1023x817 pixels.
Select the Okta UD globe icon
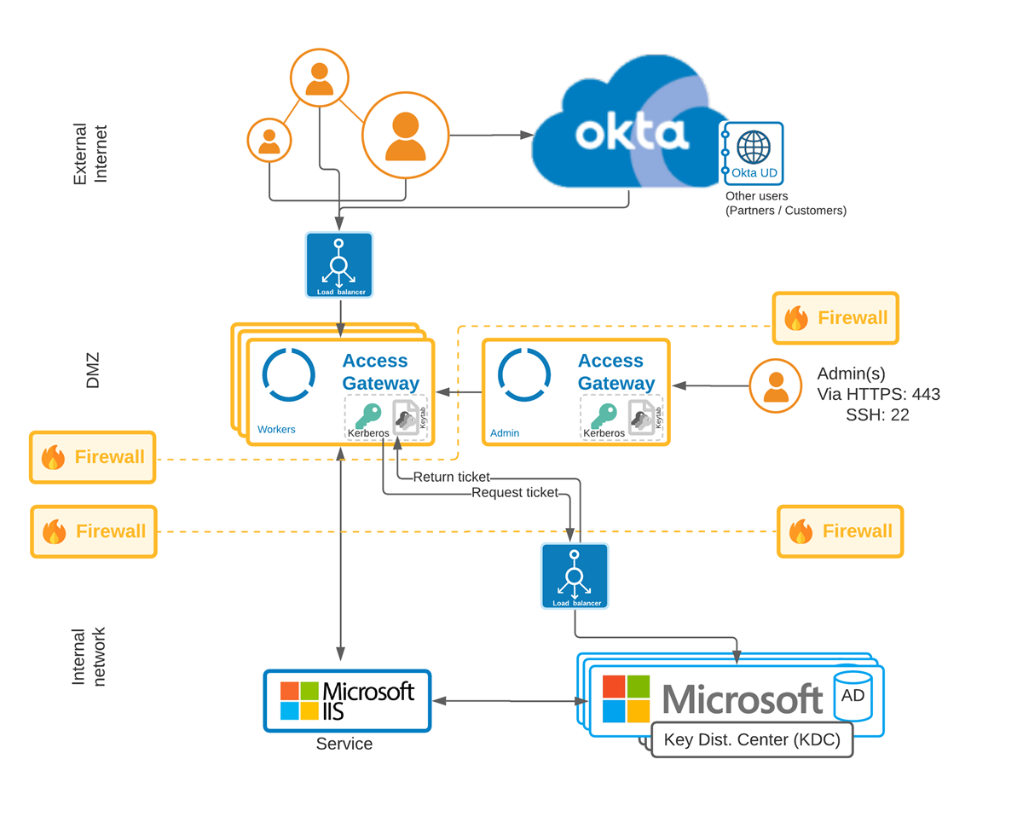[x=753, y=147]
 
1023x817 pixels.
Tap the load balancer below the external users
[x=339, y=264]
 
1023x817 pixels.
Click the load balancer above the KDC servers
[x=575, y=576]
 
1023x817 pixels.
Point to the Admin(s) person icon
[x=775, y=385]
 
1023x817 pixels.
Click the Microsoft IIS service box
[x=347, y=700]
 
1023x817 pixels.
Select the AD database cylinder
[x=852, y=693]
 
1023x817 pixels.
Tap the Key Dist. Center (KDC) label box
[x=751, y=739]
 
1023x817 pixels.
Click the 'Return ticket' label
[x=451, y=477]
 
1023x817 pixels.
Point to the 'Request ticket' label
[x=514, y=492]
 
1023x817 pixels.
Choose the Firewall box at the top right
[x=835, y=318]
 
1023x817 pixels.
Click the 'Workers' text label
[x=276, y=430]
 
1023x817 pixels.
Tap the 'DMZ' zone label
[x=92, y=371]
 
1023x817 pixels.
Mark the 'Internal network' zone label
[x=89, y=657]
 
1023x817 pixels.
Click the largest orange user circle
[x=405, y=135]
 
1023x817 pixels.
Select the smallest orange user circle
[x=269, y=140]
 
